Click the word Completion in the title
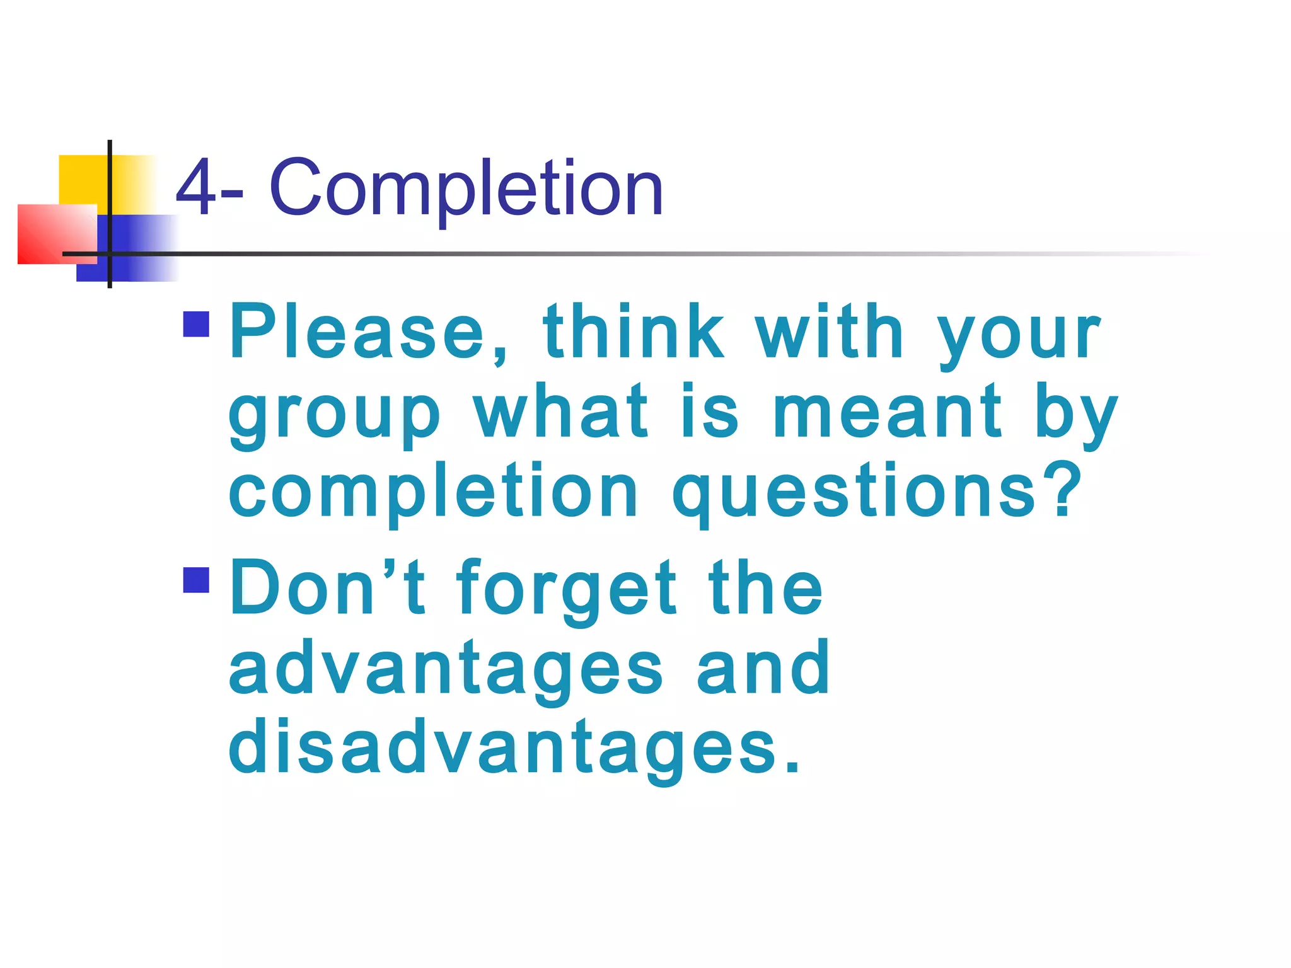tap(466, 188)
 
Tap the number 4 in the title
tap(195, 188)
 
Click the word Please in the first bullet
tap(357, 332)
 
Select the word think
tap(633, 332)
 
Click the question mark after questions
tap(1065, 488)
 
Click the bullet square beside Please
tap(196, 325)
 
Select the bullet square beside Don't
tap(196, 580)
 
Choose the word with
tap(830, 332)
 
